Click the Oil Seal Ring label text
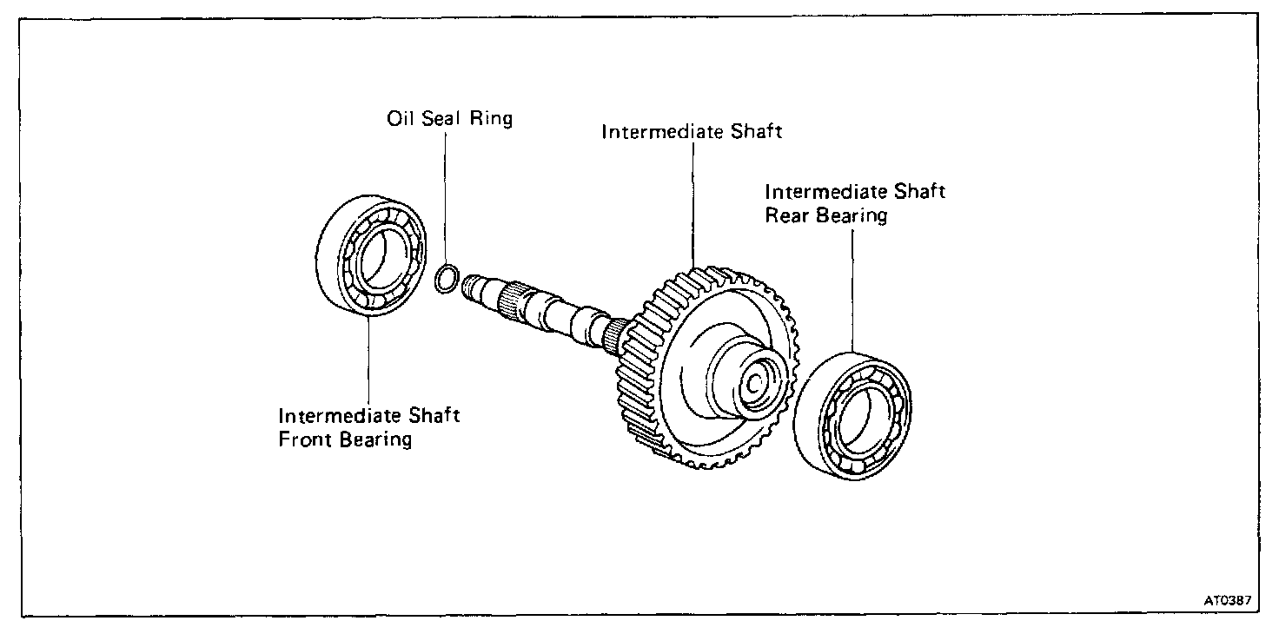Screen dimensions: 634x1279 (449, 118)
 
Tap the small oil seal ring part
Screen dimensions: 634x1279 (446, 280)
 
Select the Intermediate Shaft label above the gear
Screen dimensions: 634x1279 (692, 133)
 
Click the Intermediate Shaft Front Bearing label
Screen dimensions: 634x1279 (368, 426)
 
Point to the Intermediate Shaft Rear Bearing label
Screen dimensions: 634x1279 (854, 202)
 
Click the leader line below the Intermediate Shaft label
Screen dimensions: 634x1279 (693, 200)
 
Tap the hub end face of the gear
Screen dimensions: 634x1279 (754, 383)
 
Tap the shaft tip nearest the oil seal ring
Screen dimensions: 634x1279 (474, 286)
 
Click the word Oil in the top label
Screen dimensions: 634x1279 (399, 118)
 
